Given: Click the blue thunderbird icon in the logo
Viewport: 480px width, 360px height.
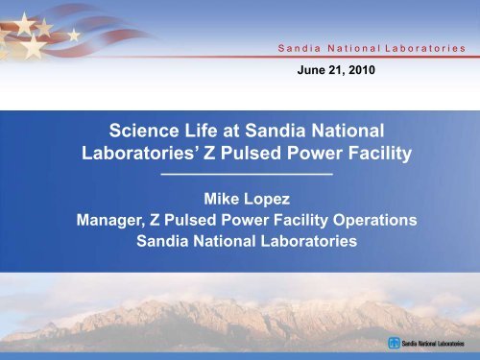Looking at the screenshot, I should (394, 344).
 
